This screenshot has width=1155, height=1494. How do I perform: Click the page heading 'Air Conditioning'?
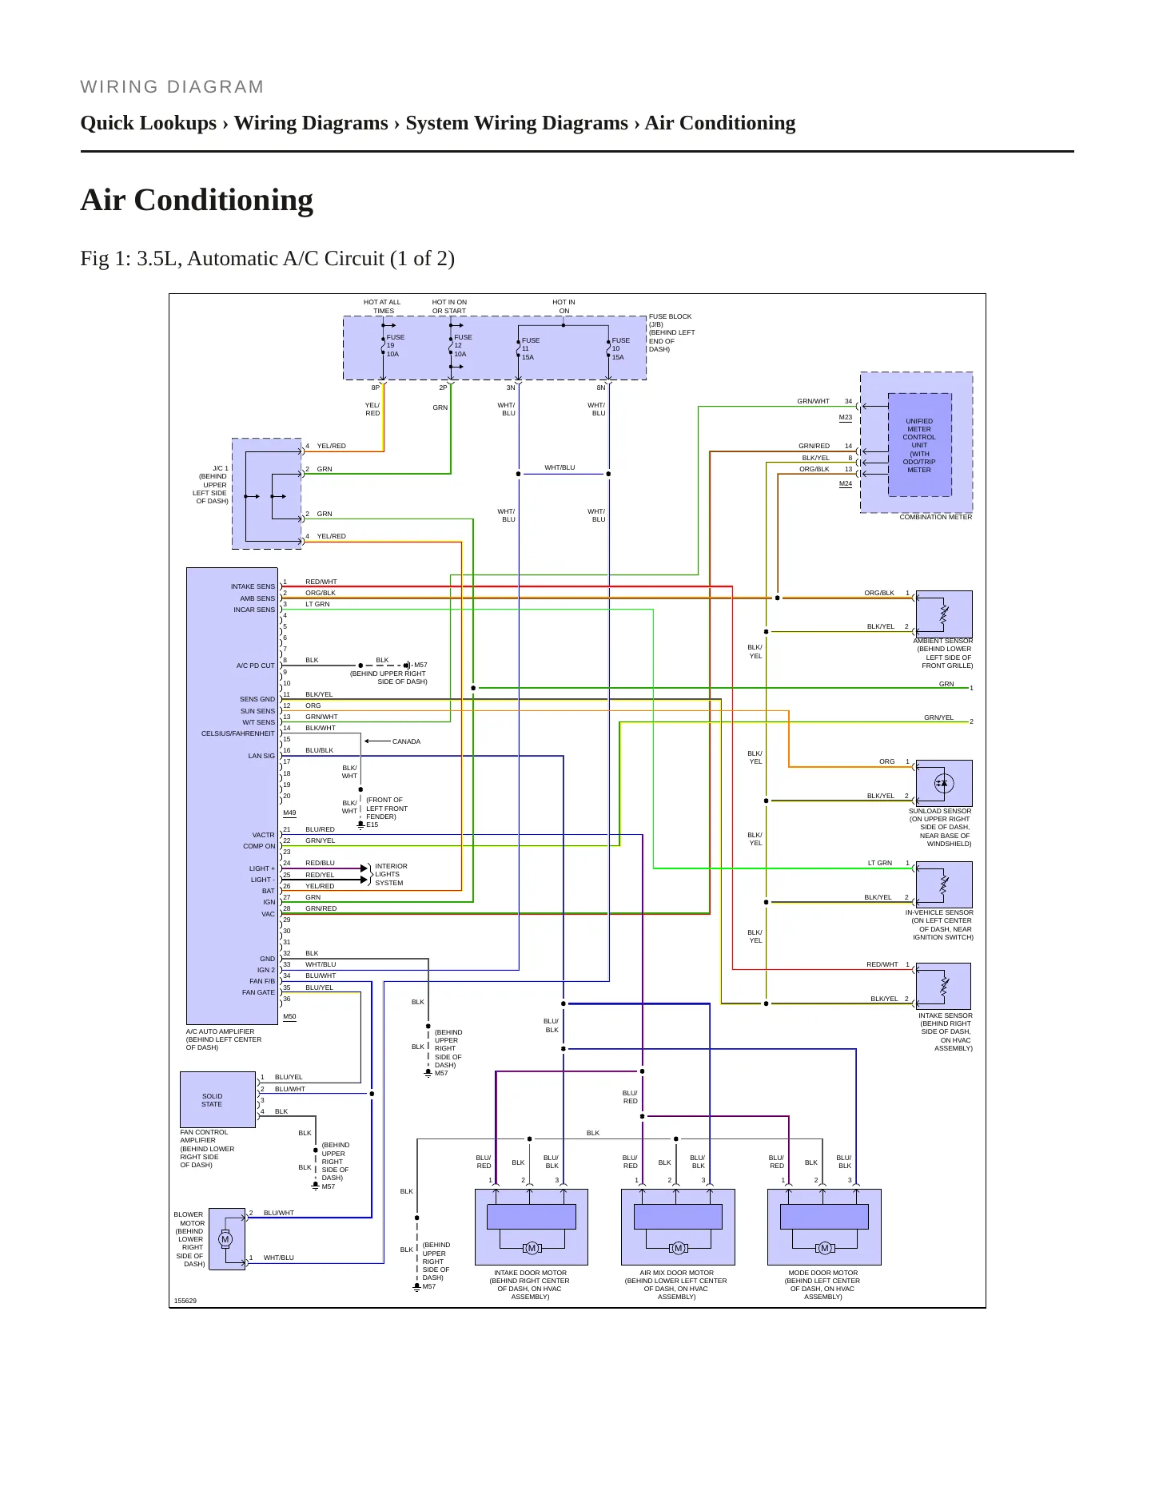[197, 200]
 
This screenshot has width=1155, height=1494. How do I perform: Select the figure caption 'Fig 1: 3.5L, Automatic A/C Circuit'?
[254, 259]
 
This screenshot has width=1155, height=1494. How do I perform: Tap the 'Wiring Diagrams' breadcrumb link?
[311, 123]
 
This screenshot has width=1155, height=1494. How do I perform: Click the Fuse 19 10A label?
[395, 346]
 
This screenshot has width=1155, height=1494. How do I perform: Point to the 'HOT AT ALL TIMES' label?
[383, 307]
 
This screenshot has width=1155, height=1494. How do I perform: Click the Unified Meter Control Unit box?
[919, 445]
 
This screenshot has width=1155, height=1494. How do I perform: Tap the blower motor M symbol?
[225, 1239]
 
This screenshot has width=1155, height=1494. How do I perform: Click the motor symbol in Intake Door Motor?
[532, 1248]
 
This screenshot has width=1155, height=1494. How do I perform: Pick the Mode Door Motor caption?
[823, 1285]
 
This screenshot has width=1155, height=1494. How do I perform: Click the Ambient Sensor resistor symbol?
[944, 614]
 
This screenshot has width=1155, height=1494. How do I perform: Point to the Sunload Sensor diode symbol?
[944, 784]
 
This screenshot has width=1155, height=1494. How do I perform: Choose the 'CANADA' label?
[406, 741]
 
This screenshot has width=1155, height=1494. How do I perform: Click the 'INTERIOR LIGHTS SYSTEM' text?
[391, 875]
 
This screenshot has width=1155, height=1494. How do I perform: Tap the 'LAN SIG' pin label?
[261, 756]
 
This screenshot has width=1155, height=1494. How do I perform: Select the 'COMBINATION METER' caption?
[936, 517]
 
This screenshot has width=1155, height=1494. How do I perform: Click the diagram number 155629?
[185, 1301]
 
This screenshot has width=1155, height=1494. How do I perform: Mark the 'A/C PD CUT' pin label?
[256, 666]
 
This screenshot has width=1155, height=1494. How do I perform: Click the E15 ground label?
[372, 824]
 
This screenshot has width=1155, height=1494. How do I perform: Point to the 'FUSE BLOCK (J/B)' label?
[670, 320]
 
